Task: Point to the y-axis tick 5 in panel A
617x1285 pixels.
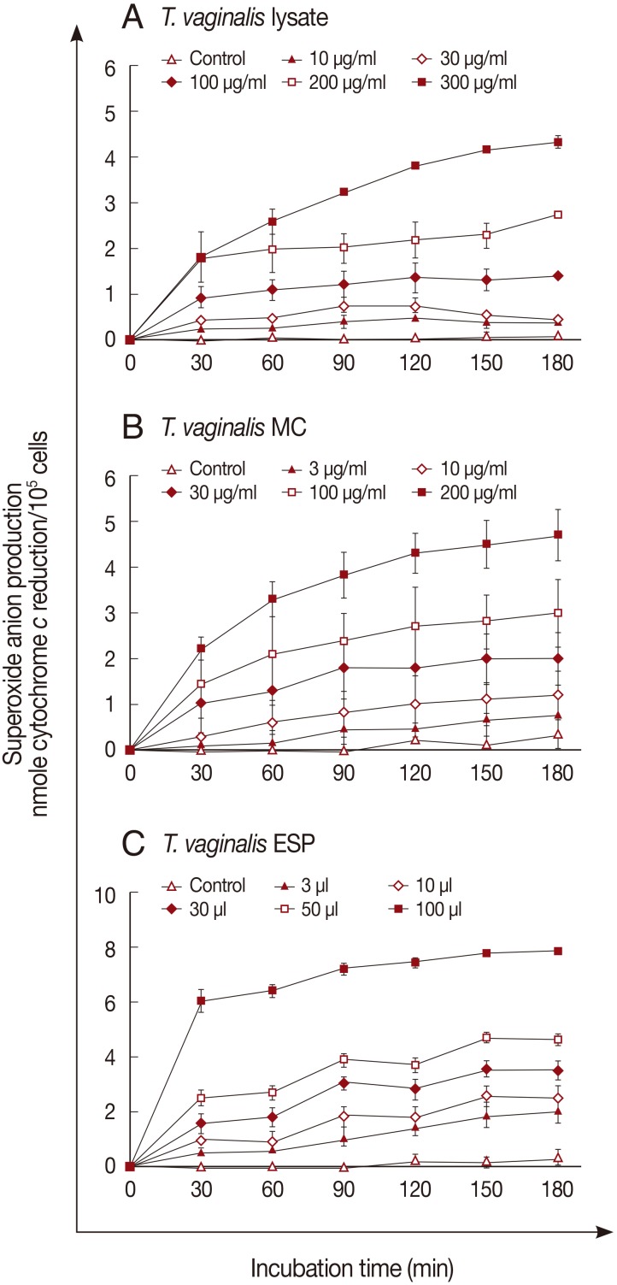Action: coord(110,112)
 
